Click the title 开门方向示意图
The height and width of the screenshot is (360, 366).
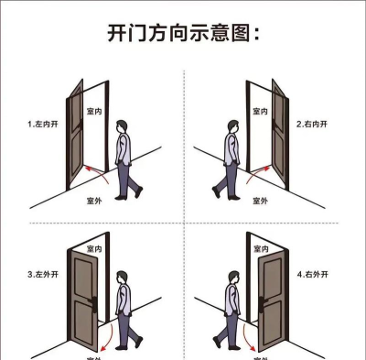point(183,35)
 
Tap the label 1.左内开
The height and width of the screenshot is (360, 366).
point(43,122)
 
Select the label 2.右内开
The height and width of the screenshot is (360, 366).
point(312,122)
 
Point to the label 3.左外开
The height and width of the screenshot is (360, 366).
point(43,273)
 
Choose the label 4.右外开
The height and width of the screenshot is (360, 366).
point(314,273)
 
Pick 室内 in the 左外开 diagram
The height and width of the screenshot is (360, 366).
point(94,248)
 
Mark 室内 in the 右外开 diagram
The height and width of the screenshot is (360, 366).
point(259,248)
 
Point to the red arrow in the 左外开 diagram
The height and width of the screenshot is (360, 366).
point(107,332)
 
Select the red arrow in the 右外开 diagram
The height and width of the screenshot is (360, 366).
point(245,332)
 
